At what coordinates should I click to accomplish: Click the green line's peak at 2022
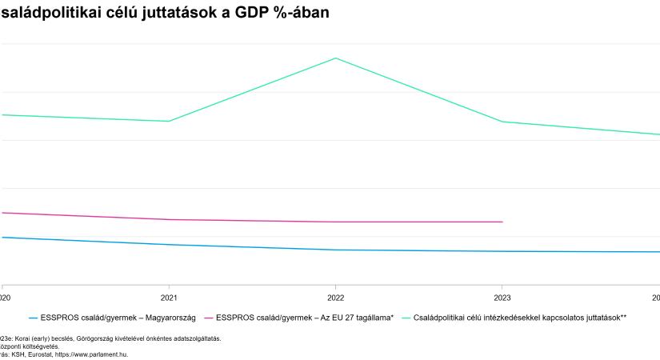point(335,58)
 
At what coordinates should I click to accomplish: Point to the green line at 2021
point(169,121)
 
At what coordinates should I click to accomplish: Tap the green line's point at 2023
point(502,122)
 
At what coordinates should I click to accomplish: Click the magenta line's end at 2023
point(502,222)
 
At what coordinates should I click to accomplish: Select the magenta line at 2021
point(169,219)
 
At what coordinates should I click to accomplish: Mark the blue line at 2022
point(335,250)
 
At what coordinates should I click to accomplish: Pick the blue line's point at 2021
point(169,245)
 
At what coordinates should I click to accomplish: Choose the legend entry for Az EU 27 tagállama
point(305,318)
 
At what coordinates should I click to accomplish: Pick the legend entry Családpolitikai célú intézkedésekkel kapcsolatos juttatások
point(520,318)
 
